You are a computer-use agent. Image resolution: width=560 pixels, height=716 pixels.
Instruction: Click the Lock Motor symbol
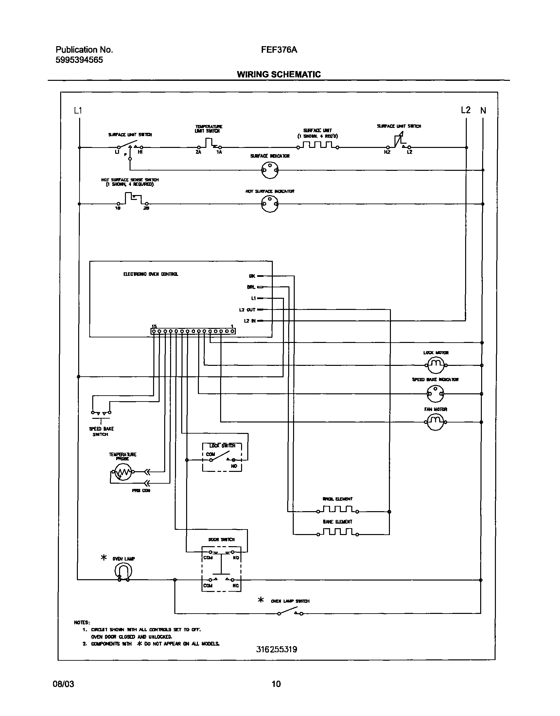[x=435, y=365]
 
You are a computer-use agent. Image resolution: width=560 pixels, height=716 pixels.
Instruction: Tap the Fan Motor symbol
[x=435, y=422]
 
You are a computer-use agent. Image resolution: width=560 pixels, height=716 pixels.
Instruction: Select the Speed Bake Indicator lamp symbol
[x=435, y=393]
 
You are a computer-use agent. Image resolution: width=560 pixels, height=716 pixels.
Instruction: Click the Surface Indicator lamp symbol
[x=270, y=170]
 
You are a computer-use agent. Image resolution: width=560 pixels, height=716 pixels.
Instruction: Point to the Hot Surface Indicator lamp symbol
[x=270, y=204]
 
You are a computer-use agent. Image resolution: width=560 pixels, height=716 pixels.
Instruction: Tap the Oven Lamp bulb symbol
[x=123, y=571]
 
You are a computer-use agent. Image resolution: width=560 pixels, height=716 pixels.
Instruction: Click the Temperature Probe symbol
[x=122, y=472]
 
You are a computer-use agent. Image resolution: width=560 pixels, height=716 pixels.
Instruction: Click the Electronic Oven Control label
[x=151, y=274]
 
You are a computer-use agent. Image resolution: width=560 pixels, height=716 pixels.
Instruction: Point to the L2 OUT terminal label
[x=247, y=310]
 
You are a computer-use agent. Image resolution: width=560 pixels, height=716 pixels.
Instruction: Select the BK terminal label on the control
[x=252, y=276]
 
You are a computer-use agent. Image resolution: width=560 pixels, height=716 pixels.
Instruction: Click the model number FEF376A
[x=279, y=50]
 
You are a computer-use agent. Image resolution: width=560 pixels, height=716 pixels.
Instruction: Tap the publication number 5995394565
[x=79, y=60]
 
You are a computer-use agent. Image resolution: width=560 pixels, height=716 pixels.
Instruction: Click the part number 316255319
[x=276, y=650]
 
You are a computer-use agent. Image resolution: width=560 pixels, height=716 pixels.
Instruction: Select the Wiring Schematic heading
[x=279, y=75]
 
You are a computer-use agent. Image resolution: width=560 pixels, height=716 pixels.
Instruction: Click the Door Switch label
[x=221, y=540]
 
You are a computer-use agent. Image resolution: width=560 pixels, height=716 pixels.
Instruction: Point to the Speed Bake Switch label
[x=101, y=431]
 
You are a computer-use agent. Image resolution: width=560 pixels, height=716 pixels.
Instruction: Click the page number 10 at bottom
[x=276, y=684]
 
